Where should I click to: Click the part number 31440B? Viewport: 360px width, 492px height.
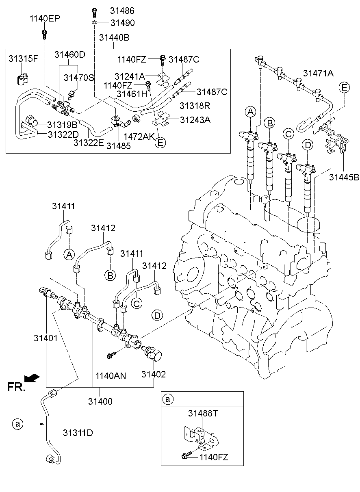click(x=114, y=38)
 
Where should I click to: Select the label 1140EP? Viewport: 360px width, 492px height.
click(x=44, y=18)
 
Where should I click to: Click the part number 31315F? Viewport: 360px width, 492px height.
click(x=23, y=59)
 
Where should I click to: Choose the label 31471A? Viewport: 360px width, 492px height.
click(x=318, y=73)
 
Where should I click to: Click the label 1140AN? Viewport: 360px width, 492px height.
click(x=111, y=376)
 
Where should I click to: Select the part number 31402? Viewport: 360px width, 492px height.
click(x=154, y=374)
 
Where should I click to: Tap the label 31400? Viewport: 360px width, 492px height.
click(x=100, y=401)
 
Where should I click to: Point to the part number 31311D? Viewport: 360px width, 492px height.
click(x=78, y=433)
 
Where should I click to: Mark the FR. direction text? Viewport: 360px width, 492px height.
click(x=17, y=388)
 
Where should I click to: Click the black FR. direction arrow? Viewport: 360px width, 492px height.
click(x=32, y=378)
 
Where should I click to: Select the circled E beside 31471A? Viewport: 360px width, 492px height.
click(x=344, y=88)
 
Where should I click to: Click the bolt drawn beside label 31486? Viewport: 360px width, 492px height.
click(x=94, y=11)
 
